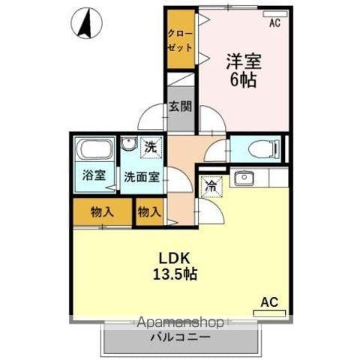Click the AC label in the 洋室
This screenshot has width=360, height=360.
pos(274,23)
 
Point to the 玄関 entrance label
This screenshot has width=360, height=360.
pos(179,106)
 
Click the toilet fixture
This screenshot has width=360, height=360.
pos(256,148)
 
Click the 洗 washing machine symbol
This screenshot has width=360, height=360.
pos(150,147)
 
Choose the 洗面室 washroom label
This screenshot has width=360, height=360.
pos(141,178)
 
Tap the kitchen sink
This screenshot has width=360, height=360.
pos(243,178)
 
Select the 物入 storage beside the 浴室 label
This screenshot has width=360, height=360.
pos(102,212)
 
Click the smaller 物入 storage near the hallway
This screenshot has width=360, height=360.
pos(149,212)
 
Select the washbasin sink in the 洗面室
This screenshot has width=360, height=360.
pos(128,145)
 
